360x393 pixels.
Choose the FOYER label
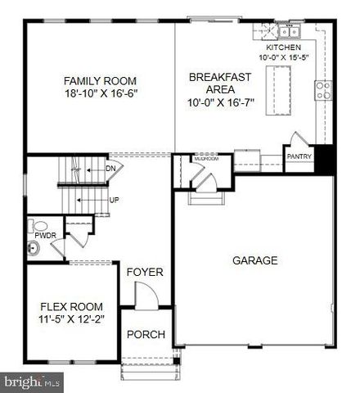pyautogui.click(x=145, y=272)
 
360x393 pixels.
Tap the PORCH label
pyautogui.click(x=146, y=335)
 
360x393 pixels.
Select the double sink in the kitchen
pyautogui.click(x=287, y=33)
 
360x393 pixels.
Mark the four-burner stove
pyautogui.click(x=322, y=89)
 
